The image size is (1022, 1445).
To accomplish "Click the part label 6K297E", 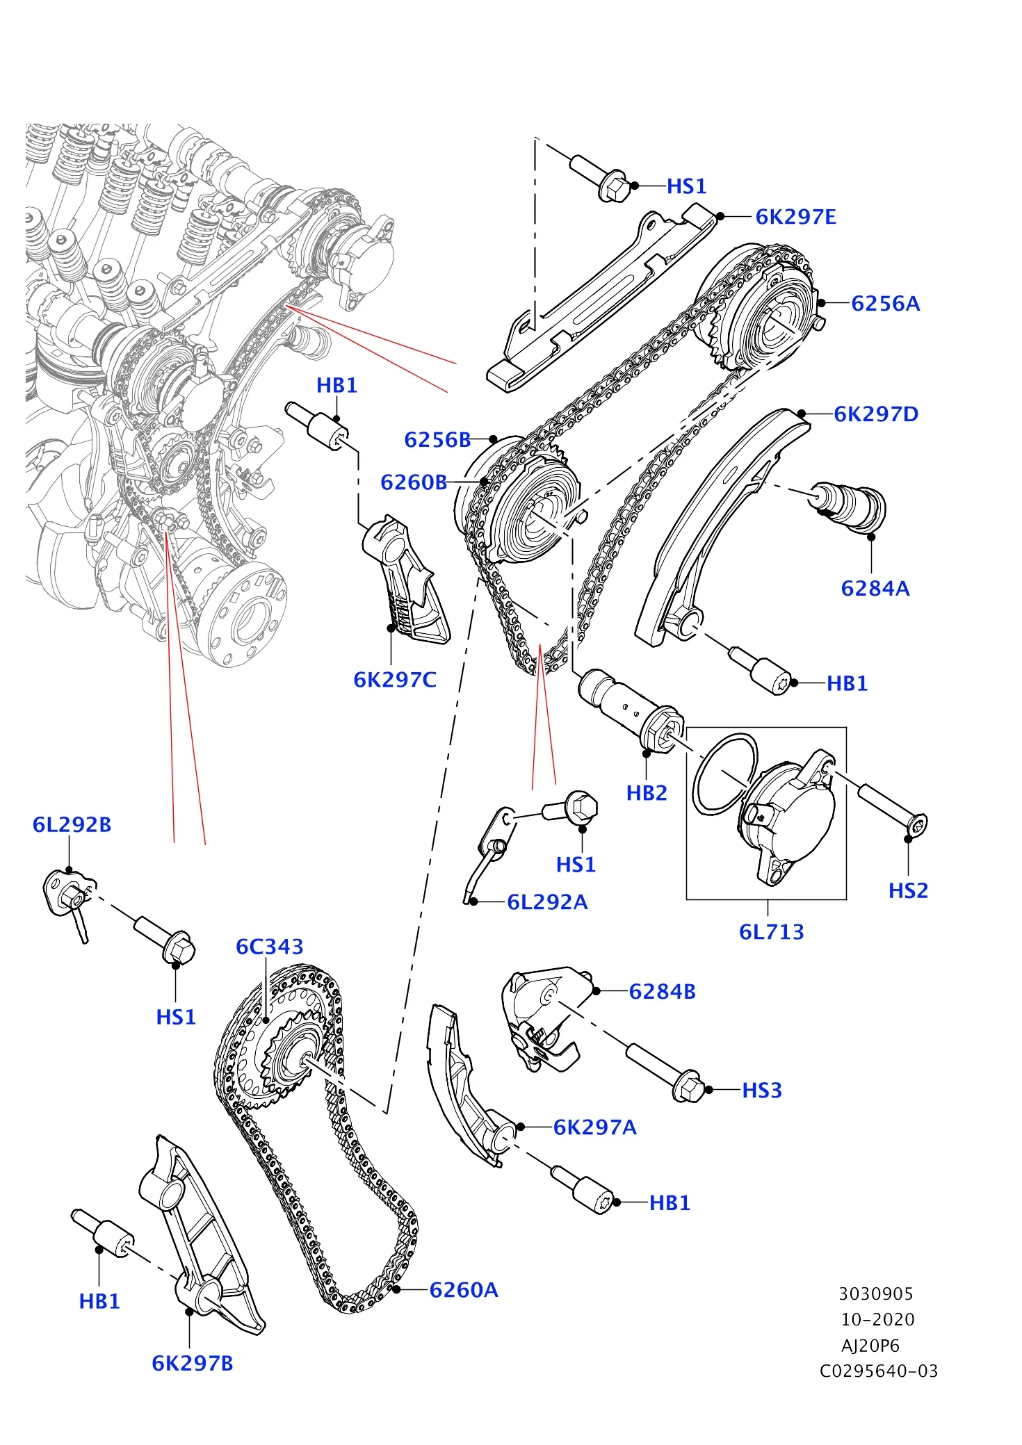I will click(795, 217).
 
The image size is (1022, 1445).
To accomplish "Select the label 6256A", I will click(885, 304).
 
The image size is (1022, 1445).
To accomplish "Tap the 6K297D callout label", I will click(875, 414).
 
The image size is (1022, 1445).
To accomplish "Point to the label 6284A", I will click(875, 589).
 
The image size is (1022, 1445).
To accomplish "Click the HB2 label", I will click(646, 793).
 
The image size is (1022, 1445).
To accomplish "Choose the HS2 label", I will click(908, 891).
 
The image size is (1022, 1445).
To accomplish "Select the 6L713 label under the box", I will click(771, 932).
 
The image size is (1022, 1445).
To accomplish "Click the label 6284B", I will click(662, 992).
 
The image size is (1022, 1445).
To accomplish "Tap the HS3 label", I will click(762, 1091).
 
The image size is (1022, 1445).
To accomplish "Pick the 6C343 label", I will click(270, 947).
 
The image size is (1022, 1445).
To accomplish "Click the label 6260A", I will click(464, 1291).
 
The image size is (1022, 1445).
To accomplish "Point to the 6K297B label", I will click(193, 1364).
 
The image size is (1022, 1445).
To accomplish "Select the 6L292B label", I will click(72, 825).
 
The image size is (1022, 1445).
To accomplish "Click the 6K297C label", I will click(395, 680).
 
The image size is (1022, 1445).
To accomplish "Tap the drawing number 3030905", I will click(875, 1294).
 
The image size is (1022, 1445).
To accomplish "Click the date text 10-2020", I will click(877, 1320).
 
